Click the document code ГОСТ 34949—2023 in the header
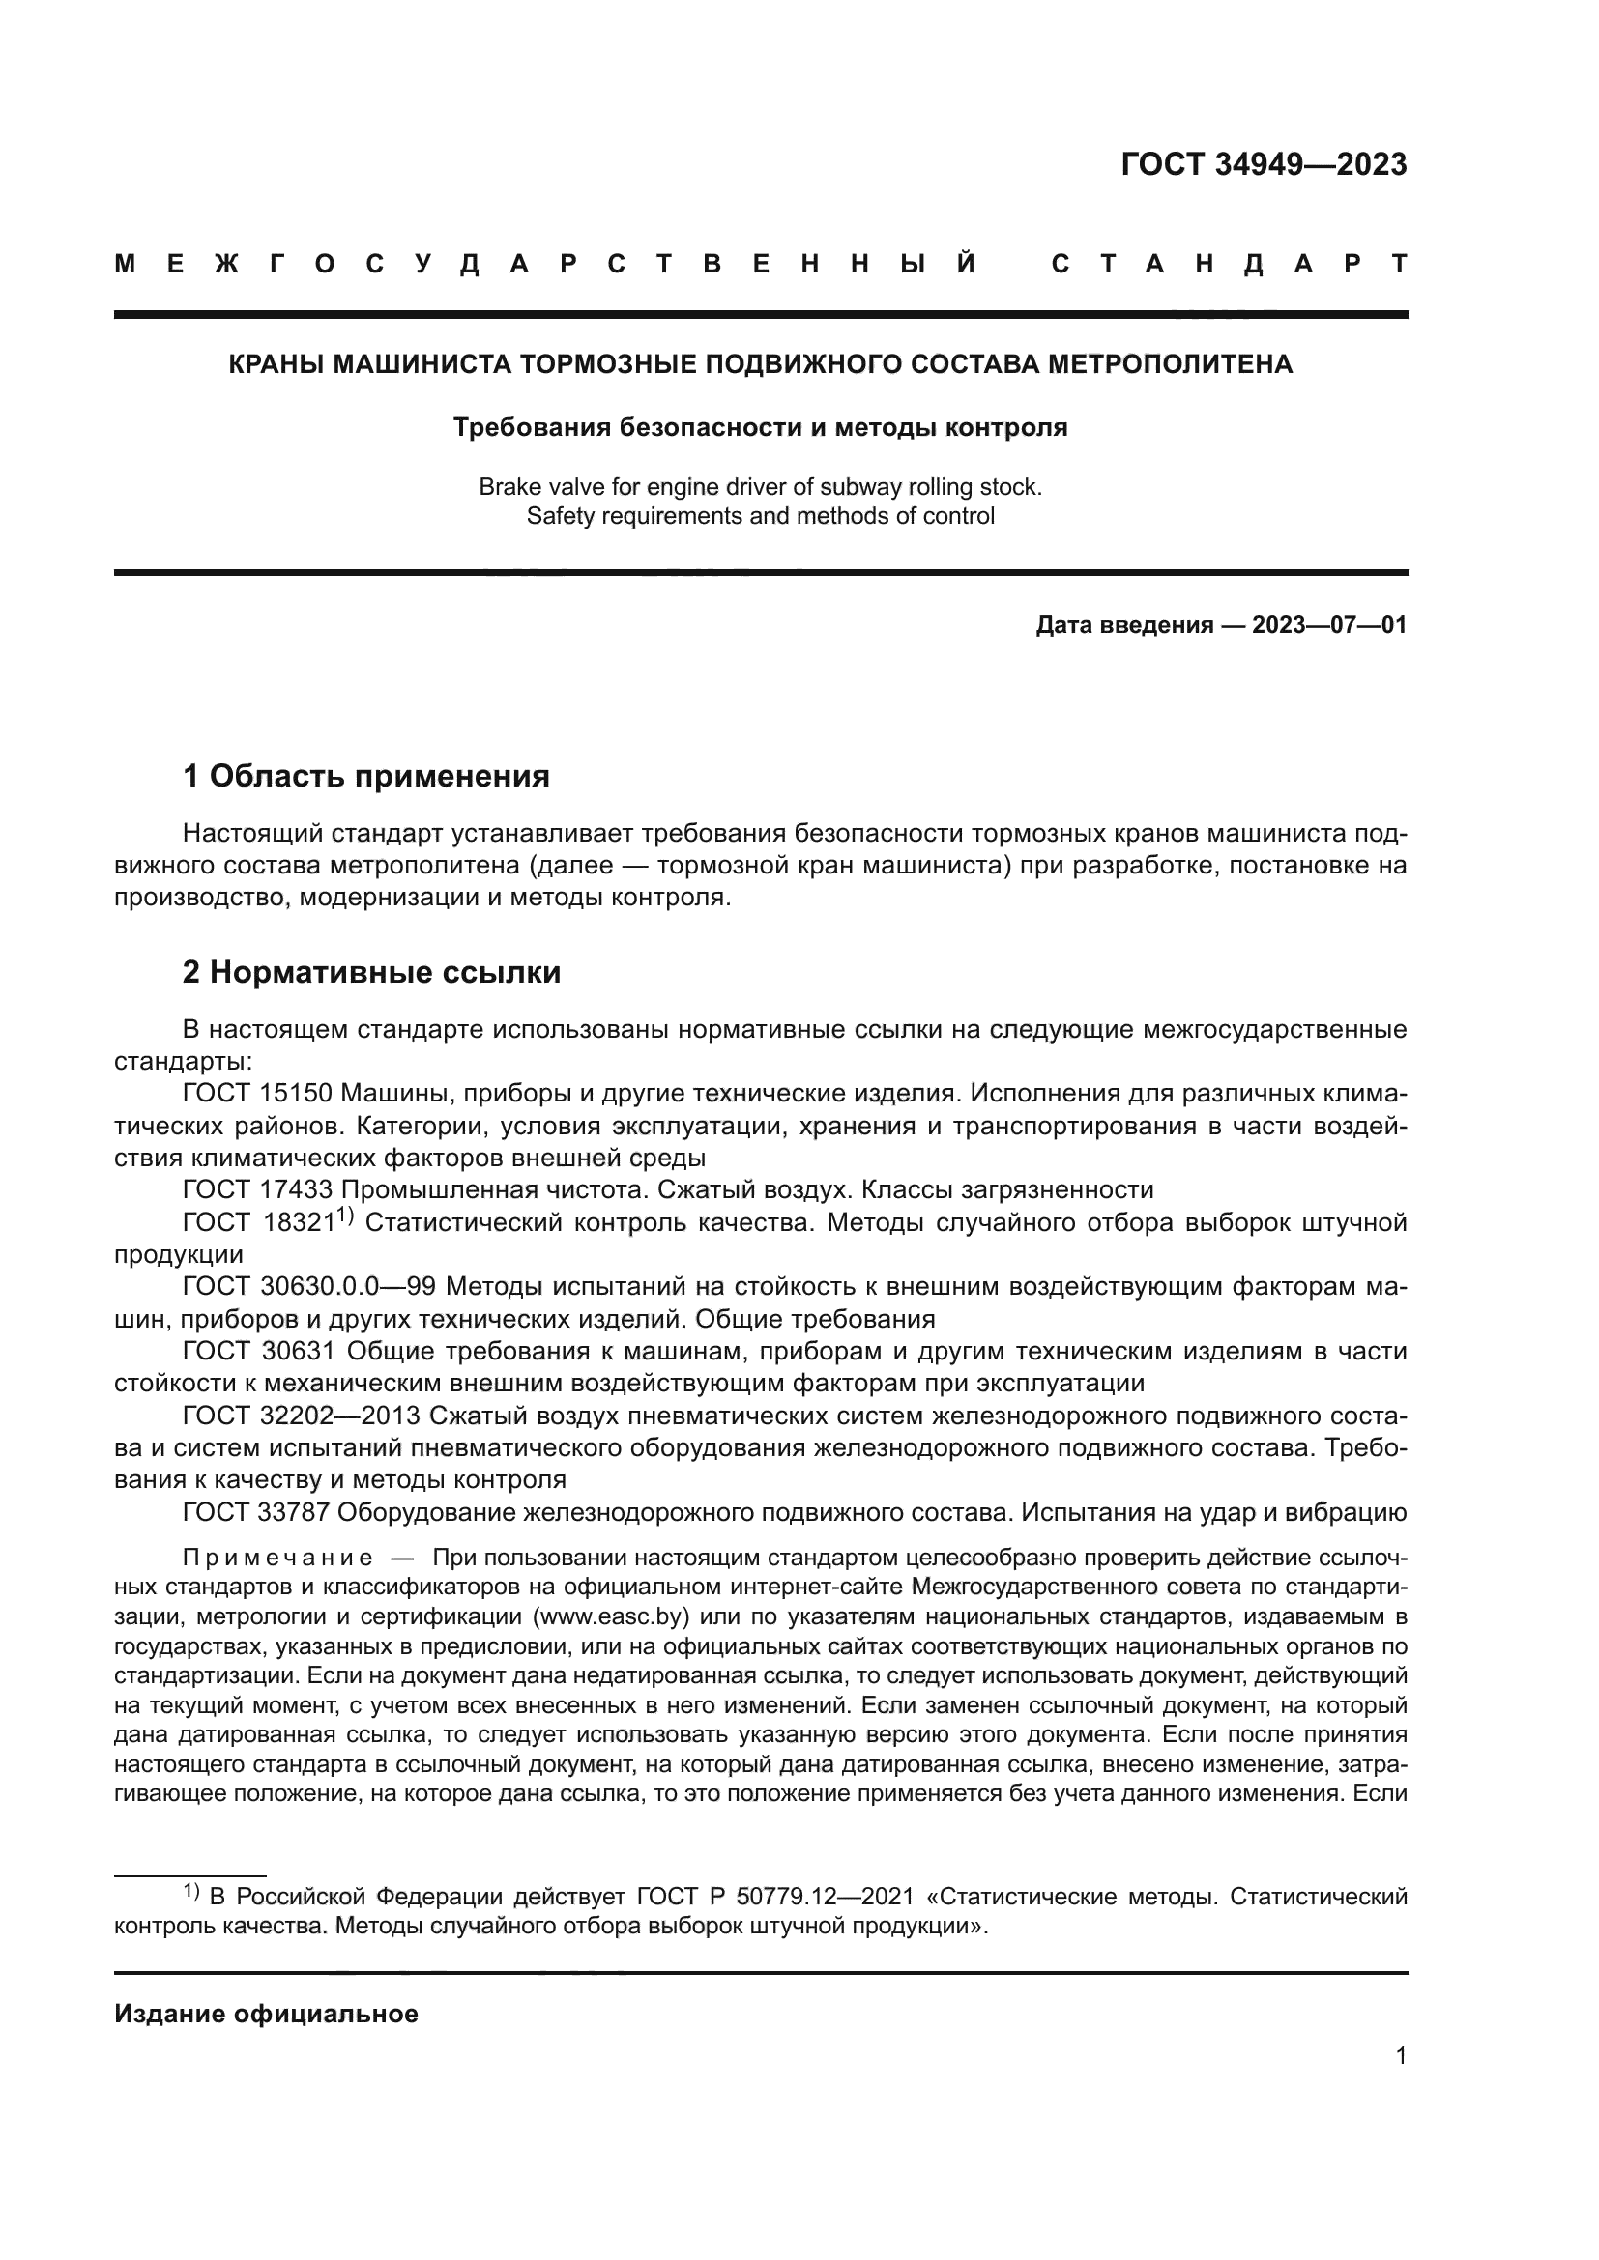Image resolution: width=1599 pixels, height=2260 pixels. point(1264,164)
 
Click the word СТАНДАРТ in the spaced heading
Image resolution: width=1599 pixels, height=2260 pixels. point(1229,264)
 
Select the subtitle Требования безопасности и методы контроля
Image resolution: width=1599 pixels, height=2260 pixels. point(760,428)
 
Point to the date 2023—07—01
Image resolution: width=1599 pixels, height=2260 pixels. point(1329,625)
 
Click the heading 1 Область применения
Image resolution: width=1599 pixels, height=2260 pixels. point(366,777)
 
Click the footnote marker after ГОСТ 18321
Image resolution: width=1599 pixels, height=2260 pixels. point(344,1216)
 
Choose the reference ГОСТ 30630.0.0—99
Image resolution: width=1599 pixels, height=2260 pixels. point(309,1286)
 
